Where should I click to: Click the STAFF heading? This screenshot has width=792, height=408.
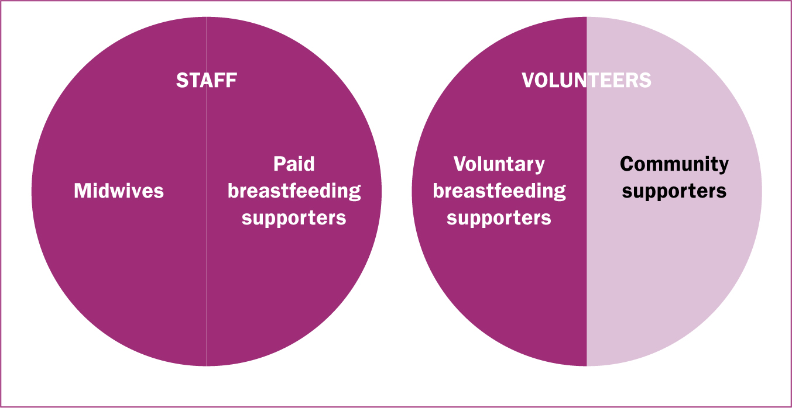coord(207,80)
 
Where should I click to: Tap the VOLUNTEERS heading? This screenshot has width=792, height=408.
coord(587,80)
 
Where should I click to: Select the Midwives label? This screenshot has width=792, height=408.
coord(119,191)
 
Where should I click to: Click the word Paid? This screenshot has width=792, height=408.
coord(294,164)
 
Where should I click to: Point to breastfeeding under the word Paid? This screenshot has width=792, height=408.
coord(294,192)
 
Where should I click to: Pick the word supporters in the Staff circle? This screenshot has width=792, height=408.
coord(294,219)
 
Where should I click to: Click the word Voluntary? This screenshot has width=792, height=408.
coord(499,165)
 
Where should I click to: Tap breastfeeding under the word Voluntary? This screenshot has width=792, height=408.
coord(499,192)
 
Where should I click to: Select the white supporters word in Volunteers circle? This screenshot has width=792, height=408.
coord(499,219)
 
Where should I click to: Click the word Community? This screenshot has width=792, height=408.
coord(674,165)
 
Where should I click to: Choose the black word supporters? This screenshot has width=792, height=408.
coord(674,192)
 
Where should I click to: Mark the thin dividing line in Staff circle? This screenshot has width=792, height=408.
coord(207,191)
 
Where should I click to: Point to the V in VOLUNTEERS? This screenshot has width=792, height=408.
coord(529,80)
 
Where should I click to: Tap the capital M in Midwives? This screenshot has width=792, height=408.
coord(82,191)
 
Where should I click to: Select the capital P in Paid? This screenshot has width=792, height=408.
coord(279,164)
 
